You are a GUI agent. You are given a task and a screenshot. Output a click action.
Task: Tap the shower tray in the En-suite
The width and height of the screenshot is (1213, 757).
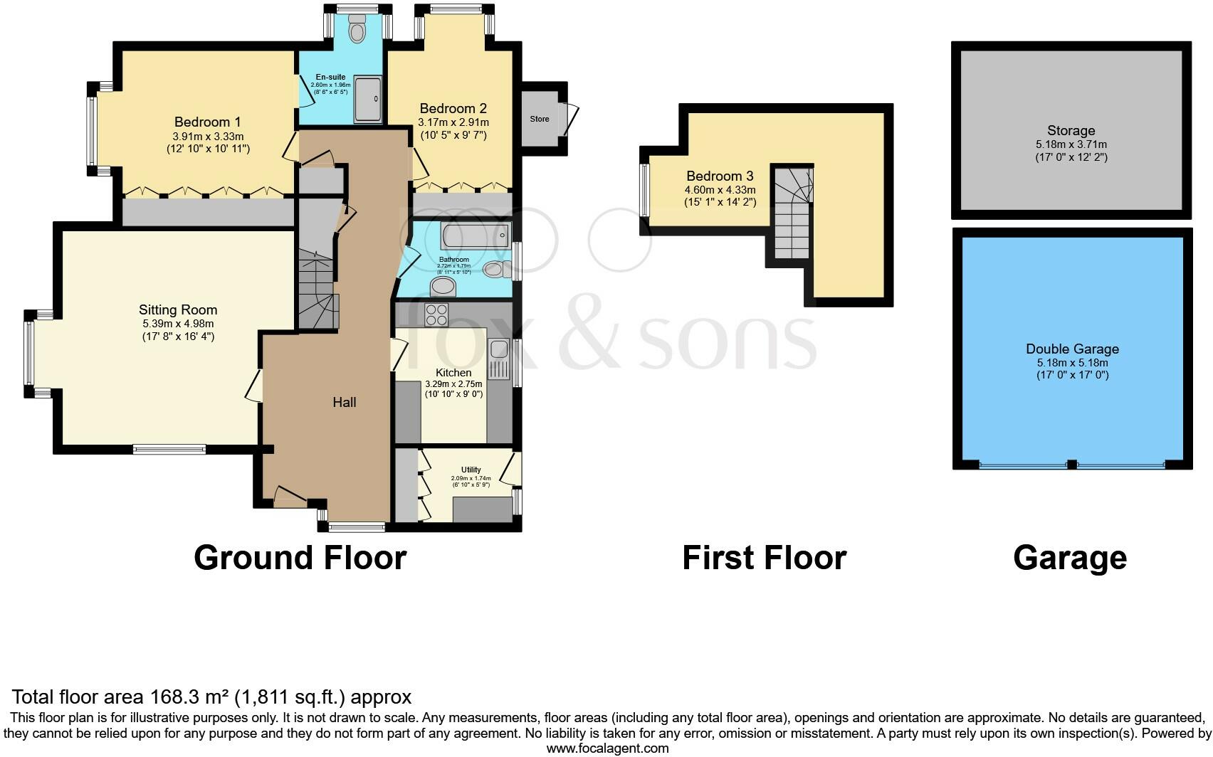pos(369,100)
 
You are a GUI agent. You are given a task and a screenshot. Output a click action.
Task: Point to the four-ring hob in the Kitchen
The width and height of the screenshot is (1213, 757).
pos(436,314)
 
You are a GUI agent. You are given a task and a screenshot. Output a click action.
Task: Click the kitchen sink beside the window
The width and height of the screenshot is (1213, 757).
pos(498,349)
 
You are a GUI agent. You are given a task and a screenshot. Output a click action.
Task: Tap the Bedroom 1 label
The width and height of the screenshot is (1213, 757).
pos(202,122)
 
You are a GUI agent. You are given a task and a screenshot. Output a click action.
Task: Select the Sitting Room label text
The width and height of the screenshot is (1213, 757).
pos(178,309)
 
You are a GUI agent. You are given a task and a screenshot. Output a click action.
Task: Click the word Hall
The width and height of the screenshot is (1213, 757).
pos(345,402)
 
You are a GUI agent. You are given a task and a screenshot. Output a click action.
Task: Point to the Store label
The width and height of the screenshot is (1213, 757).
pos(540,119)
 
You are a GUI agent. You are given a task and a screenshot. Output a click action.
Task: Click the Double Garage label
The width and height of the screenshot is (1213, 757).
pos(1072,349)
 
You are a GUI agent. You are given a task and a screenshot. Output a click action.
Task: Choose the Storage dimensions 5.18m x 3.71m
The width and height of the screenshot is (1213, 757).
pos(1071,144)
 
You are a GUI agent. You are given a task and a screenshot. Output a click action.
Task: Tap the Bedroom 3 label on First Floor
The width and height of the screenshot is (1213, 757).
pos(720,176)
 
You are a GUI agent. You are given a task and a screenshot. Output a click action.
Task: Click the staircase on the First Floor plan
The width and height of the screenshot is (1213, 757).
pos(792,213)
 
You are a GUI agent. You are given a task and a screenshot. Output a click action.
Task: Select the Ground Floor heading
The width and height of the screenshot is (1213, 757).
pos(300,558)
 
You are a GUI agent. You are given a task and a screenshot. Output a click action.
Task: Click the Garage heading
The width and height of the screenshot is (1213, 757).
pos(1070,558)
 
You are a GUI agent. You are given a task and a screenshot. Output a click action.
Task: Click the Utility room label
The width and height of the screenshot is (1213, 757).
pos(471,470)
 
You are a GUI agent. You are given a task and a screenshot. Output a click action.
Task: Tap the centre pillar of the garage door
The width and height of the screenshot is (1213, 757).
pos(1071,465)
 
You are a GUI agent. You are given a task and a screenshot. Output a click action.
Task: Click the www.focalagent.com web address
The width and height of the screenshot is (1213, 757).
pos(607,748)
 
